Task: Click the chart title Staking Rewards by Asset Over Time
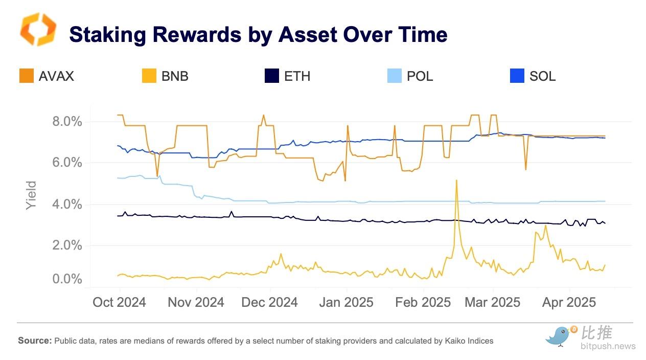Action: pos(258,34)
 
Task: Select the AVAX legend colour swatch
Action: pos(27,76)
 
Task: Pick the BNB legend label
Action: pos(175,76)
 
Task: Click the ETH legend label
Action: pos(297,76)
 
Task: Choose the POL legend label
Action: pos(420,76)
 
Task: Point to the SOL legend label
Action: pos(542,76)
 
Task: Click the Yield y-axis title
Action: pos(32,195)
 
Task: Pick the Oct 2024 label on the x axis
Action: pos(119,302)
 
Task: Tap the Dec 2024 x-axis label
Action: pos(269,302)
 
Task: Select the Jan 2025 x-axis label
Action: pos(346,302)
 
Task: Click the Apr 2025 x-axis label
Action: pos(569,302)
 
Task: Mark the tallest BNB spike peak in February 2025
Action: pos(456,180)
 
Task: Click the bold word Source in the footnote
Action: pos(34,341)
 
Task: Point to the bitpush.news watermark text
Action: pos(608,346)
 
